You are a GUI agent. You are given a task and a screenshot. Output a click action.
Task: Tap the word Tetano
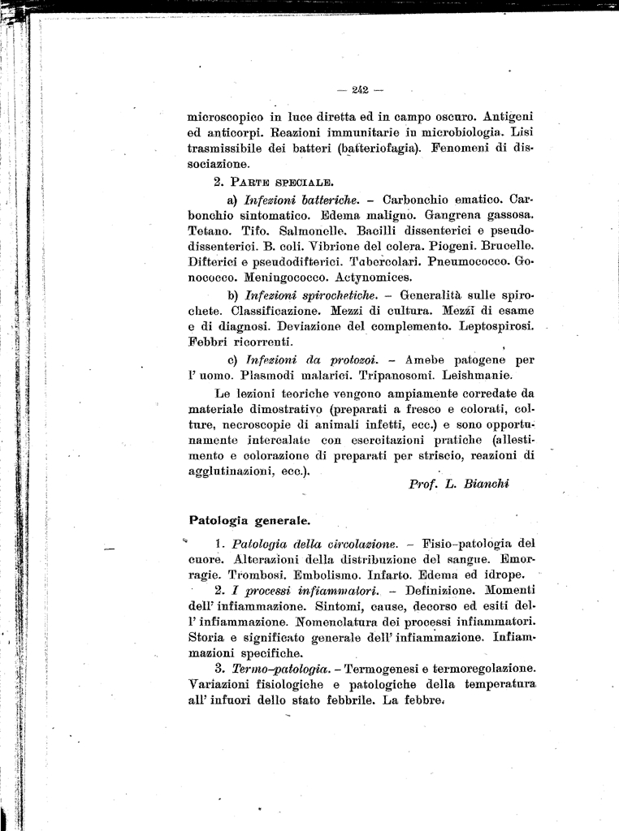(x=209, y=230)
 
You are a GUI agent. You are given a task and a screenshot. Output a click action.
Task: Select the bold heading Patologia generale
(x=249, y=519)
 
